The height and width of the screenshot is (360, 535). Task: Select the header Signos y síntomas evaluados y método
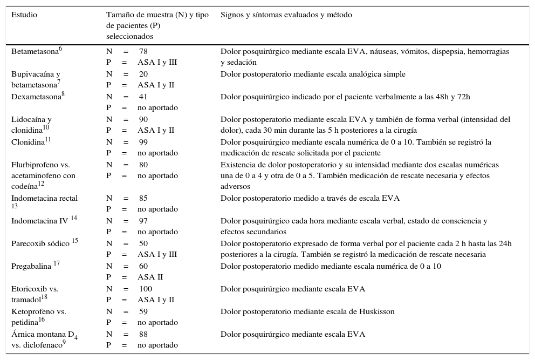tap(286, 15)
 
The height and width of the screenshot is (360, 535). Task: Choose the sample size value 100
tap(146, 289)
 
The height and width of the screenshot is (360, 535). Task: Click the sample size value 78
tap(143, 51)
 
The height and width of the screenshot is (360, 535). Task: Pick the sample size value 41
tap(143, 97)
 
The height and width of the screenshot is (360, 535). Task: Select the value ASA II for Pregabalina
tap(150, 277)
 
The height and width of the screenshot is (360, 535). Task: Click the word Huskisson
tap(378, 311)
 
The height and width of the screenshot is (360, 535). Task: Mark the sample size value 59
tap(143, 311)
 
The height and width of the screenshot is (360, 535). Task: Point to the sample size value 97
tap(143, 221)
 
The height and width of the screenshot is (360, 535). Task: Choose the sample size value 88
tap(143, 334)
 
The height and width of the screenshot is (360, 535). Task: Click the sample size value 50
tap(143, 243)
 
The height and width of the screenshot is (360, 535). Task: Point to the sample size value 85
tap(143, 198)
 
